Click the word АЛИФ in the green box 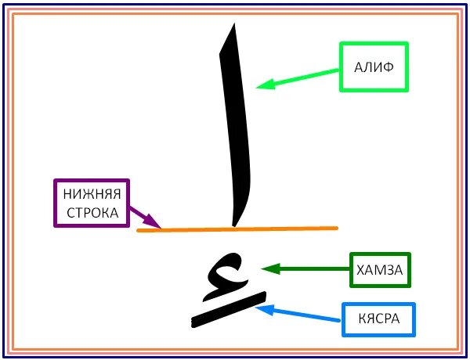373,67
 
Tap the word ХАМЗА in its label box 379,270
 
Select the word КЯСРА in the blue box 378,319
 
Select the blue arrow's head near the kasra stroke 261,309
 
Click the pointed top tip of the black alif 232,26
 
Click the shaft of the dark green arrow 313,269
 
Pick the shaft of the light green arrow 305,75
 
